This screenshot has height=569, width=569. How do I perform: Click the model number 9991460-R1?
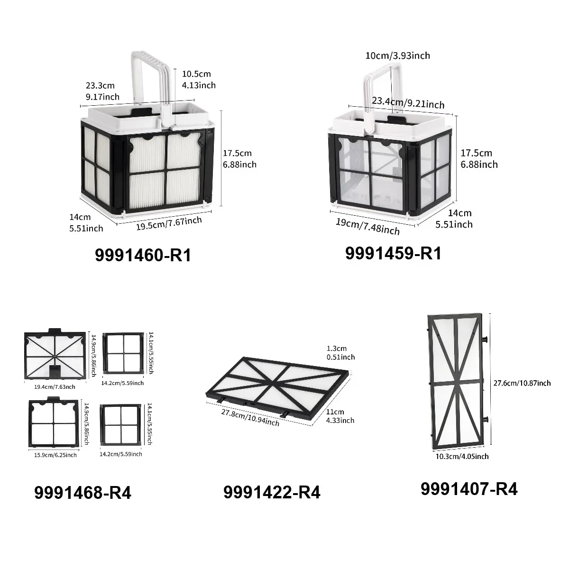pyautogui.click(x=143, y=255)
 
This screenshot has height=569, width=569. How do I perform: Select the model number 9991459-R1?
pyautogui.click(x=393, y=253)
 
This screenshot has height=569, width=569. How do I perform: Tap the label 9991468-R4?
pyautogui.click(x=83, y=493)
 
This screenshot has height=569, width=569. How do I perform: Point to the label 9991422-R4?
pyautogui.click(x=272, y=492)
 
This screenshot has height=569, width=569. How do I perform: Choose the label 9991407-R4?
pyautogui.click(x=469, y=489)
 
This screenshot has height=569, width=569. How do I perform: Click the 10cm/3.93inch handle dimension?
pyautogui.click(x=398, y=55)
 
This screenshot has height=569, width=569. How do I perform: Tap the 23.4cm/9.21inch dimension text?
pyautogui.click(x=408, y=102)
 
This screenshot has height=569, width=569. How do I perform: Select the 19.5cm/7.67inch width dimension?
pyautogui.click(x=169, y=223)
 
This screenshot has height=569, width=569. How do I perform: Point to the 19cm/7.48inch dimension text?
pyautogui.click(x=367, y=227)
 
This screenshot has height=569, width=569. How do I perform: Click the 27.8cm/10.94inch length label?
pyautogui.click(x=250, y=418)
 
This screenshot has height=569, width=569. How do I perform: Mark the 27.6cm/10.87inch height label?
pyautogui.click(x=522, y=383)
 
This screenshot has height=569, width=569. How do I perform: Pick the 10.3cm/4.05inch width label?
pyautogui.click(x=462, y=457)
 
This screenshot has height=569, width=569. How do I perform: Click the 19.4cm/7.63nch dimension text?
pyautogui.click(x=55, y=387)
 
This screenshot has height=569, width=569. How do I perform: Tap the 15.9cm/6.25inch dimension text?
pyautogui.click(x=55, y=455)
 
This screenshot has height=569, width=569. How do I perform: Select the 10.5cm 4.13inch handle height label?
pyautogui.click(x=199, y=80)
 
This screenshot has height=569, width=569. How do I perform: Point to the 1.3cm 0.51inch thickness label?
pyautogui.click(x=340, y=353)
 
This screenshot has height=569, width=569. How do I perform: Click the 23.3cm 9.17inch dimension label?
pyautogui.click(x=102, y=91)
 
